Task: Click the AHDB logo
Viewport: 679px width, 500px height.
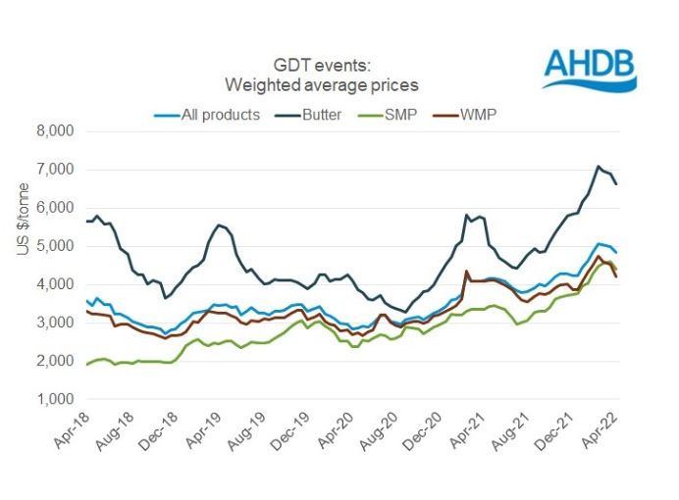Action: [x=588, y=68]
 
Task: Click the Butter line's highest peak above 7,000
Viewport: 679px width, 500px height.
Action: [x=598, y=167]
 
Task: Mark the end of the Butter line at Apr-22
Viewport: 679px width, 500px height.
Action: [x=616, y=183]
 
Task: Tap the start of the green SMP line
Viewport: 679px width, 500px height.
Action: [x=86, y=365]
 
